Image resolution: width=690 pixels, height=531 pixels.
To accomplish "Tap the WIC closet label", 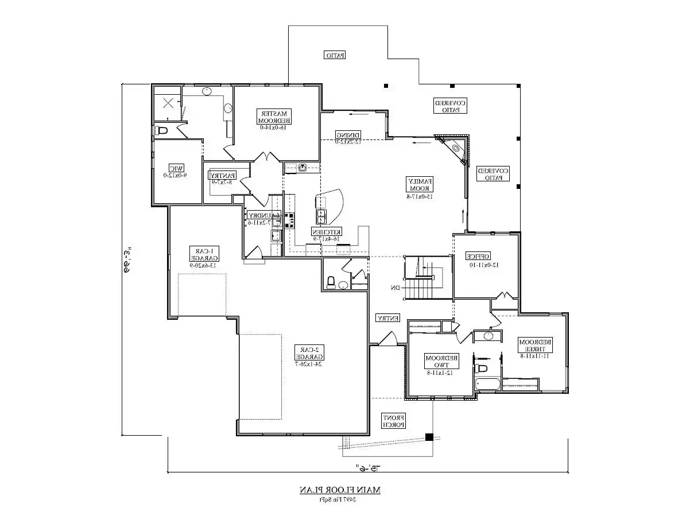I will point(175,171).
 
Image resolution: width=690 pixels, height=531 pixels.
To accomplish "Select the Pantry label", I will point(221,179).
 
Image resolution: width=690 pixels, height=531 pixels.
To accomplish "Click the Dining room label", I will point(348,137).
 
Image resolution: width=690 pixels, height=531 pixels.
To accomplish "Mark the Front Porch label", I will point(394,421).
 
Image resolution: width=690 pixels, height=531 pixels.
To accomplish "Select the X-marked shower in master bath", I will point(168,104).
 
